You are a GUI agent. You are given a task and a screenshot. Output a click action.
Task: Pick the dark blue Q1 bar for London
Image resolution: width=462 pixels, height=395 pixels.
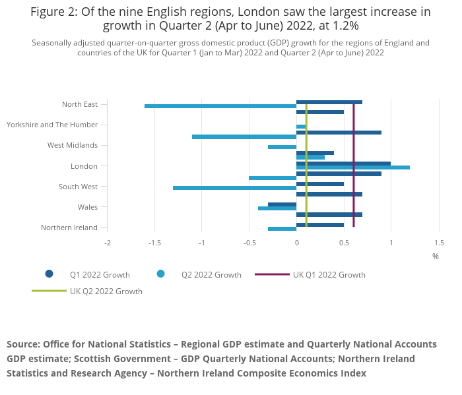[343, 164]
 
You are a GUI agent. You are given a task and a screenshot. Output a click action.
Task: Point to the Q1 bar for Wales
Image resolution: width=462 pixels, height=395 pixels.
[282, 204]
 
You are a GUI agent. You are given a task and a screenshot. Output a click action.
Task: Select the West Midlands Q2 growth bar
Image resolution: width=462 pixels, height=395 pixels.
[282, 147]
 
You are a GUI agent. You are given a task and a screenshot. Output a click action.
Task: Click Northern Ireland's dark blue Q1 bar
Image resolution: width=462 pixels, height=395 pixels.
[319, 225]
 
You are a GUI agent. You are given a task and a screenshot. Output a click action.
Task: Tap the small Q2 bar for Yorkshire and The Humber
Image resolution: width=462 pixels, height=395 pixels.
[301, 127]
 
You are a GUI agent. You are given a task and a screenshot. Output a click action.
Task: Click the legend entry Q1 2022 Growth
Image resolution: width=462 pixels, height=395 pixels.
[99, 274]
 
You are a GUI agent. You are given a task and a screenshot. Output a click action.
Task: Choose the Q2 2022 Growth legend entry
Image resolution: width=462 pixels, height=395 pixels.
[211, 274]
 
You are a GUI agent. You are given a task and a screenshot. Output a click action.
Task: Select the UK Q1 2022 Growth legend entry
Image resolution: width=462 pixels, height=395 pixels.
[329, 274]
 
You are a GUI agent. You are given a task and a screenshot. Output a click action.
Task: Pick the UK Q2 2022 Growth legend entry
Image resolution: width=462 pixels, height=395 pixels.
[106, 291]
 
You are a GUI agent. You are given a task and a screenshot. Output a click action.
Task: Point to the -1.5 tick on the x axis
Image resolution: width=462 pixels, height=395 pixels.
[154, 243]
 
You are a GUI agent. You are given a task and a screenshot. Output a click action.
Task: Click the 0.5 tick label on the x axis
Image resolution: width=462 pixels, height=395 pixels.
[344, 243]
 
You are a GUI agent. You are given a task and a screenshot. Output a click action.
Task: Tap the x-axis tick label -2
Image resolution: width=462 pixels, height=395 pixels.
[108, 243]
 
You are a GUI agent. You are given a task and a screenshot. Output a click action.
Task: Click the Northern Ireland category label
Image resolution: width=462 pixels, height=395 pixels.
[69, 228]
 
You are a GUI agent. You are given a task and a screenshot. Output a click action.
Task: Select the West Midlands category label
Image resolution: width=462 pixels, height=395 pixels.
[73, 145]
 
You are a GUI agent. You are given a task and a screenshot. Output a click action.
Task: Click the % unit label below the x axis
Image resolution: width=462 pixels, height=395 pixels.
[436, 256]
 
